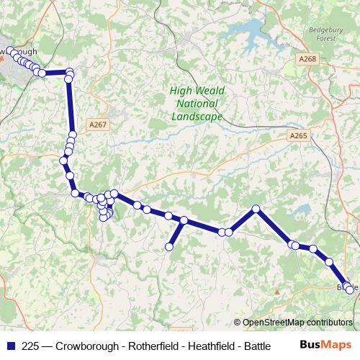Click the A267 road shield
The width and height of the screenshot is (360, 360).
pyautogui.click(x=97, y=125)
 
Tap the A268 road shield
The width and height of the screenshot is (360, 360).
pyautogui.click(x=307, y=59)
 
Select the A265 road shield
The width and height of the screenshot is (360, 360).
pyautogui.click(x=298, y=135)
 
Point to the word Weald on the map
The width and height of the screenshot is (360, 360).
pyautogui.click(x=210, y=91)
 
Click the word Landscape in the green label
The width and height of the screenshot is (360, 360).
pyautogui.click(x=195, y=116)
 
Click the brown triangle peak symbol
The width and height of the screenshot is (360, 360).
pyautogui.click(x=277, y=292)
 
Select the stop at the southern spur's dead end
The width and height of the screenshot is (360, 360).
pyautogui.click(x=170, y=247)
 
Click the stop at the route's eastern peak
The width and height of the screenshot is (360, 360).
pyautogui.click(x=256, y=210)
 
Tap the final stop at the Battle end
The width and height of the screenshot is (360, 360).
pyautogui.click(x=351, y=290)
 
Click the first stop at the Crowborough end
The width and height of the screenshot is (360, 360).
pyautogui.click(x=10, y=50)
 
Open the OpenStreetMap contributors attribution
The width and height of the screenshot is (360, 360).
pyautogui.click(x=298, y=323)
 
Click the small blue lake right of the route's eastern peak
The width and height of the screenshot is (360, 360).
pyautogui.click(x=303, y=209)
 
